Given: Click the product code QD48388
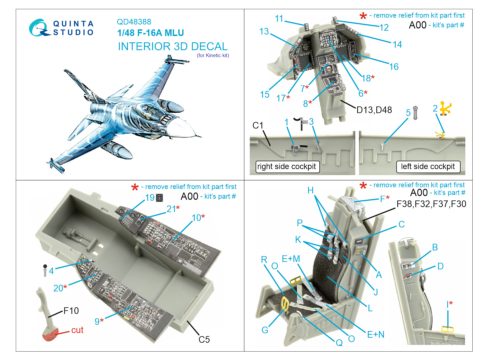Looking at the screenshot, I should click(134, 22).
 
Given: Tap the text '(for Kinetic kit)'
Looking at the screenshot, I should click(213, 55).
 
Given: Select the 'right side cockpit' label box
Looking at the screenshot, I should click(286, 167).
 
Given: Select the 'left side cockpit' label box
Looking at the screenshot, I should click(428, 167).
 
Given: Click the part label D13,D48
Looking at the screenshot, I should click(374, 110).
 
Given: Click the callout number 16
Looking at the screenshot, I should click(394, 67).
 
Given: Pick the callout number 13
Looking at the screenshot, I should click(264, 32).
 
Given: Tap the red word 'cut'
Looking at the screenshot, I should click(77, 330).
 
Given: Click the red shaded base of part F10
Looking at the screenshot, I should click(50, 334).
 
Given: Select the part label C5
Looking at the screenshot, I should click(204, 339).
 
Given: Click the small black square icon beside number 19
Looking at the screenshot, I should click(159, 198).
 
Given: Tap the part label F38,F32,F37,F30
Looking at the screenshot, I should click(431, 204).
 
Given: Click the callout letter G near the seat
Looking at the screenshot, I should click(265, 330).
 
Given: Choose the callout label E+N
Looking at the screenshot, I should click(376, 334).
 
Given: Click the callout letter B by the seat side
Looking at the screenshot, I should click(435, 247).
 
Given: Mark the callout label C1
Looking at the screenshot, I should click(258, 125).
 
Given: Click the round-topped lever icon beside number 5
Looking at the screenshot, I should click(415, 113).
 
